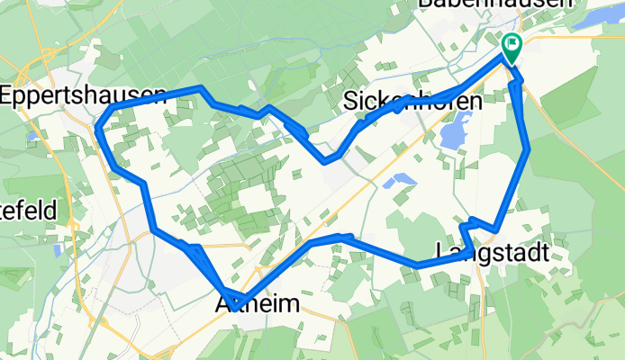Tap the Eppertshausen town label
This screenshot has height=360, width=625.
click(83, 94)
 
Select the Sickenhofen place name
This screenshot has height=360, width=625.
click(414, 101)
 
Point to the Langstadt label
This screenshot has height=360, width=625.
click(491, 253)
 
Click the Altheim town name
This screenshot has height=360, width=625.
click(258, 306)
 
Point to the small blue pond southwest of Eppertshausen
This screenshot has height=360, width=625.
click(34, 137)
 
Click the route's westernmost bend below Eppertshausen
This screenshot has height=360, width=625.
click(97, 130)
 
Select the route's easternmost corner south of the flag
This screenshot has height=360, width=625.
click(528, 148)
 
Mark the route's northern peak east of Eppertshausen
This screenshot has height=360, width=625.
click(202, 88)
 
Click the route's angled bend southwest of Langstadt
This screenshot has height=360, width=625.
click(418, 265)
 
